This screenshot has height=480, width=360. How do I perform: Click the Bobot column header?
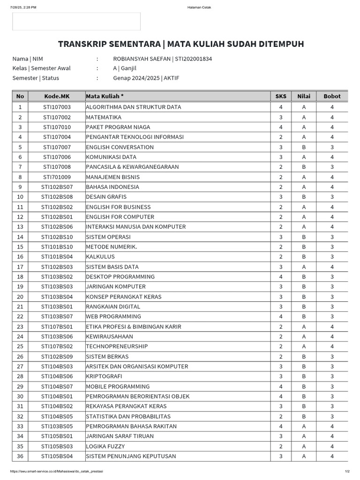coord(332,96)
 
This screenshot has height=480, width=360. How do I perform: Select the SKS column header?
coord(280,96)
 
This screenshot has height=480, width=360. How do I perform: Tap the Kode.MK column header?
coord(57,96)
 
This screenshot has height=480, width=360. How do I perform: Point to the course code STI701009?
coord(57,177)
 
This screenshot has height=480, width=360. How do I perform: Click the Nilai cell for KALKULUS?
coord(304,257)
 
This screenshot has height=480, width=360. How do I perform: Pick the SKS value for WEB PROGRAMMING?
coord(280,316)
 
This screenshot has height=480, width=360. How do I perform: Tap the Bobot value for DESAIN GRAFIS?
coord(332,197)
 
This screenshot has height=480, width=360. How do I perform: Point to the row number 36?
coord(20,456)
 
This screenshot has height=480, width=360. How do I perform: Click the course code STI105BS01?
coord(57,436)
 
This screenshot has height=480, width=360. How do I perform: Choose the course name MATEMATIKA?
coord(104,117)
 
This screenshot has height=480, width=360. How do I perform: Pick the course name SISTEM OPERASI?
coord(108,237)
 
